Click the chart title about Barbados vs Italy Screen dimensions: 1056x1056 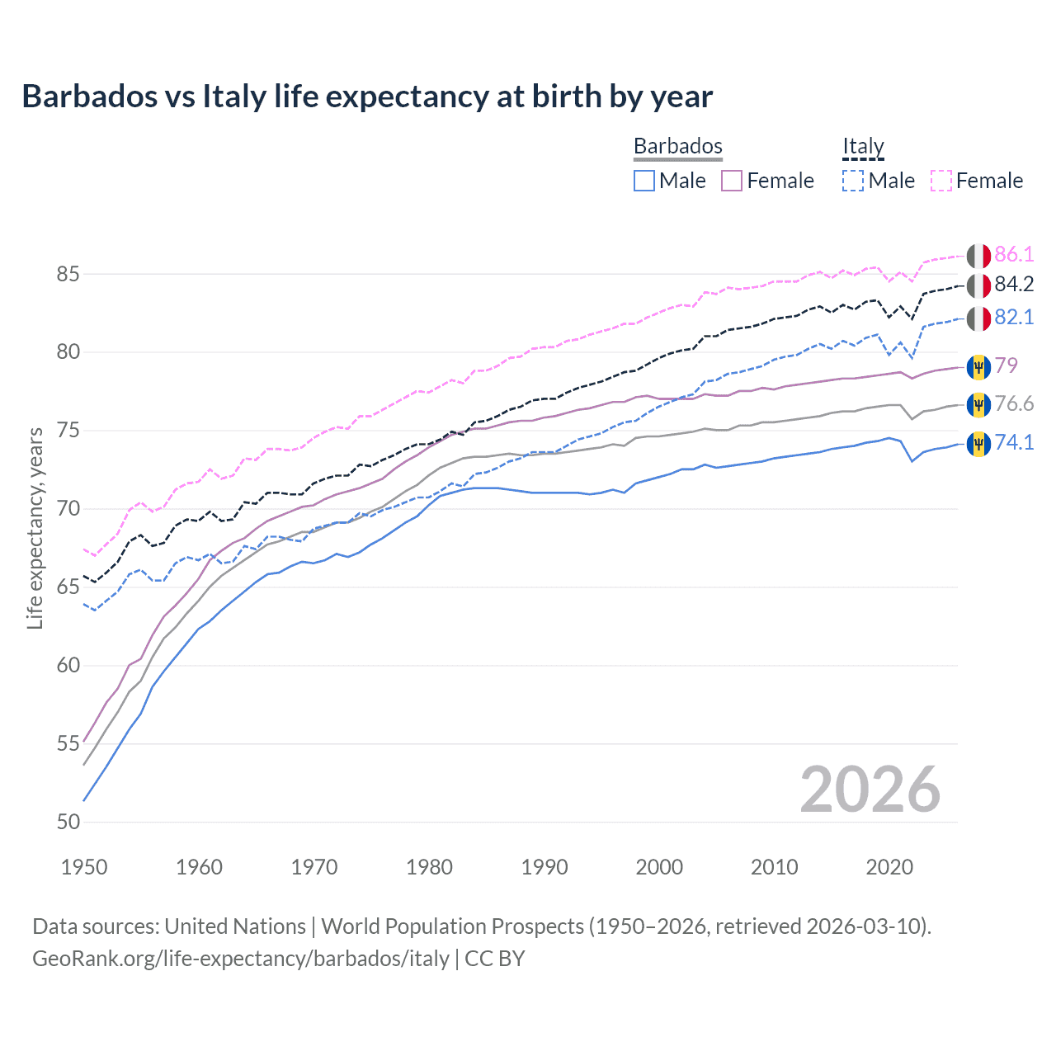(x=367, y=97)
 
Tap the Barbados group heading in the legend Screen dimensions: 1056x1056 (x=677, y=146)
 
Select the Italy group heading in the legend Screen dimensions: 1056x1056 (x=863, y=146)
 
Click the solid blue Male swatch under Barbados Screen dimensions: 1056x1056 (x=644, y=181)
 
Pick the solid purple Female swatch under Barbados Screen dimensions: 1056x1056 (x=732, y=181)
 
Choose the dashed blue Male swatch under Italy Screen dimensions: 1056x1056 (x=853, y=181)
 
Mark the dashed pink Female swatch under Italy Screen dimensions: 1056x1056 (x=941, y=181)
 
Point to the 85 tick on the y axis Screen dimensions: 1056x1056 (x=68, y=274)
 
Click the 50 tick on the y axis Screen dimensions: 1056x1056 (x=68, y=822)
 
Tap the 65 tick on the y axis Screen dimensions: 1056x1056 (x=68, y=587)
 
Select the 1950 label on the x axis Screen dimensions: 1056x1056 (x=84, y=867)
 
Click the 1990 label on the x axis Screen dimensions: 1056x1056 (x=544, y=867)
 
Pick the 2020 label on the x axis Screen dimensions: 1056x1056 (x=889, y=867)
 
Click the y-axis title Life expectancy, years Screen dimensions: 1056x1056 (x=35, y=528)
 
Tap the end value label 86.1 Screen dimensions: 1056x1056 (x=1014, y=254)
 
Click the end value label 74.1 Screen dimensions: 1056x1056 (x=1014, y=442)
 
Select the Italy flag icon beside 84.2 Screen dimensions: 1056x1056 (x=978, y=285)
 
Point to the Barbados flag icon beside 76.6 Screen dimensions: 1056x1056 (x=978, y=404)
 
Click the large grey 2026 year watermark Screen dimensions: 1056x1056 (x=870, y=790)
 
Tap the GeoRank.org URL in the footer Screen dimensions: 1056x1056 (x=240, y=959)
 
